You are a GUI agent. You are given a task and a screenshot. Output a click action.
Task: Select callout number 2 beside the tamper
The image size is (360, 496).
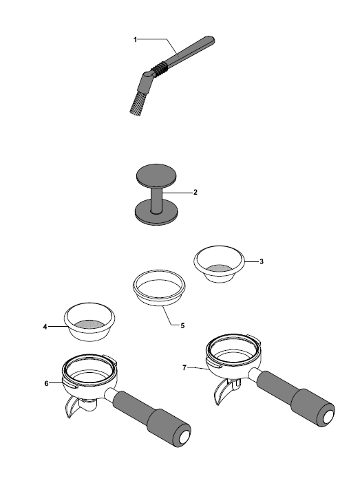pyautogui.click(x=195, y=193)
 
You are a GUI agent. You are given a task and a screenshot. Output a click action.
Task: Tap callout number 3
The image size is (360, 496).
pyautogui.click(x=262, y=262)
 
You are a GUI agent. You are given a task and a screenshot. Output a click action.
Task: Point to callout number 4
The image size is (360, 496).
pyautogui.click(x=45, y=327)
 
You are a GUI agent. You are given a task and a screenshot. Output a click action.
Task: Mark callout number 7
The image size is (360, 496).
pyautogui.click(x=184, y=368)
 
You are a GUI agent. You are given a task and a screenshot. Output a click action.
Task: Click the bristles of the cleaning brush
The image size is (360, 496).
pyautogui.click(x=136, y=103)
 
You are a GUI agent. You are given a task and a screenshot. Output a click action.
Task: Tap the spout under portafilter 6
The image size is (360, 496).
pyautogui.click(x=72, y=409)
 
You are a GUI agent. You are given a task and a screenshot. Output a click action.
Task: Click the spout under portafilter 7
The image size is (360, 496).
pyautogui.click(x=222, y=392)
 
